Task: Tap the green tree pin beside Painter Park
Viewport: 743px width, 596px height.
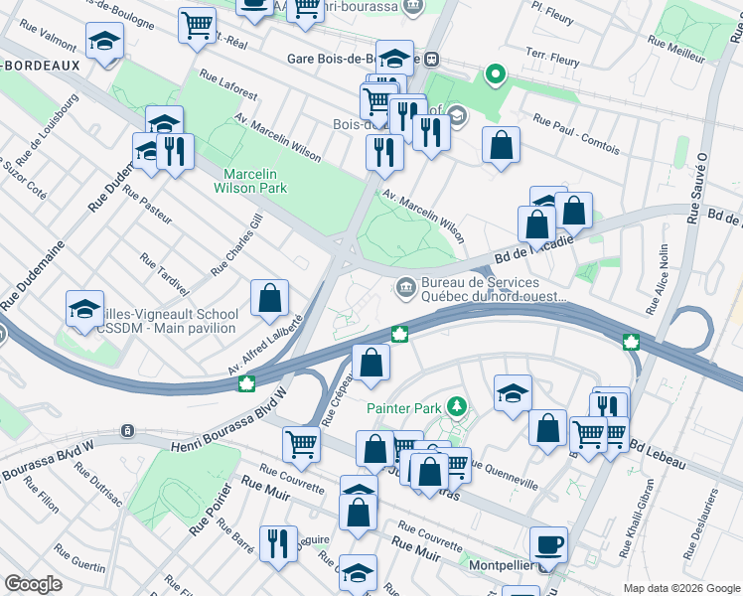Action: coord(456,406)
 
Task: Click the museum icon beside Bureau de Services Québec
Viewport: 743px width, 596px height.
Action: coord(405,288)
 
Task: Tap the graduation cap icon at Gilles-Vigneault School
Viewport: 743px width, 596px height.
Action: coord(85,308)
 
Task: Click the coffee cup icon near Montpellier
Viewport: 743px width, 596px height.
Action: coord(547,544)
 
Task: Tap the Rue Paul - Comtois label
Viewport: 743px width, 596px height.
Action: coord(576,135)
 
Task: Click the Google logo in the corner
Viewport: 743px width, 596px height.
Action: coord(34,584)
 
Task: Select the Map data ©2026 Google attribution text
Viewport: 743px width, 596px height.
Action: coord(681,588)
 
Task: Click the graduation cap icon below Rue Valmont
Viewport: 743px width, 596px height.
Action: coord(103,43)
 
